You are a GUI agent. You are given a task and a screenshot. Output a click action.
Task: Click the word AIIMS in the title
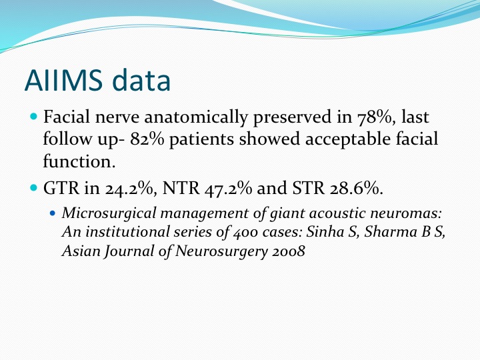tap(63, 80)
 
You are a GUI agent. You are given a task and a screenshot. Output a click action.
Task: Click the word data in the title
tap(141, 79)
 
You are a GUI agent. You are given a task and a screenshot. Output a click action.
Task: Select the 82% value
tap(147, 139)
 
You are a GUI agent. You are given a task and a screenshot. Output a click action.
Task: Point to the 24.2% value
tap(131, 188)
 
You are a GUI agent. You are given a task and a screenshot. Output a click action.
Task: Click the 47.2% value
tap(228, 188)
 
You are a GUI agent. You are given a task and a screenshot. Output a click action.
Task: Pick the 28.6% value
tap(357, 188)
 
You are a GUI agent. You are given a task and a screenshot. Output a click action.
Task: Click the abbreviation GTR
tap(61, 187)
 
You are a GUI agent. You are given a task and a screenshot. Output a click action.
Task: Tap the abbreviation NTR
tap(181, 187)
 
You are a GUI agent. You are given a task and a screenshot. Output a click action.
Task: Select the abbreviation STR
tap(309, 187)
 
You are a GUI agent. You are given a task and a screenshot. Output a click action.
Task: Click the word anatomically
tap(195, 117)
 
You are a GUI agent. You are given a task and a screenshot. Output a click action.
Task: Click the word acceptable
tap(348, 139)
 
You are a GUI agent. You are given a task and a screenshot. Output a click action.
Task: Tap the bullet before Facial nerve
tap(34, 117)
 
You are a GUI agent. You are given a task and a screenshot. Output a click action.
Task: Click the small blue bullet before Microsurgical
tap(53, 213)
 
